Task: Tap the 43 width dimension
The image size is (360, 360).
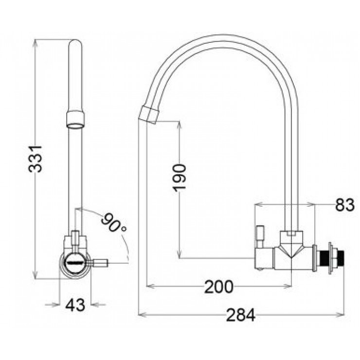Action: (x=75, y=305)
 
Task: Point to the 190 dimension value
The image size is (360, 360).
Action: (x=180, y=178)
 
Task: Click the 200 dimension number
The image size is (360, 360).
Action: (x=218, y=287)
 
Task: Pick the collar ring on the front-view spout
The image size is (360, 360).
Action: (x=75, y=117)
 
